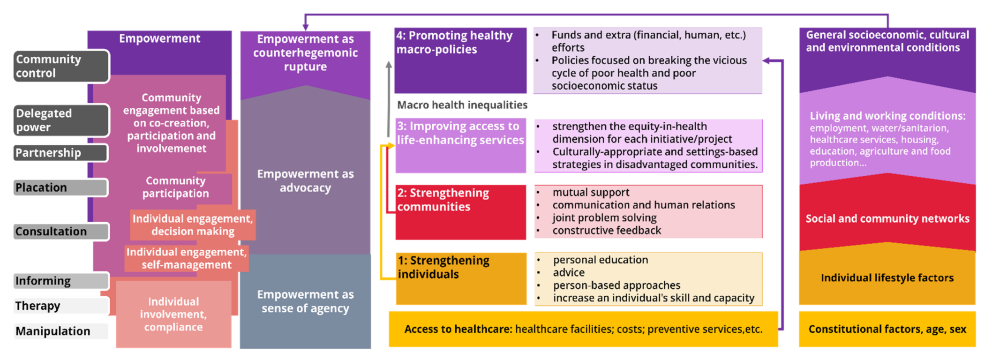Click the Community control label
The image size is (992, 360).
point(61,66)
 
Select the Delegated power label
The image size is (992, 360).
point(61,120)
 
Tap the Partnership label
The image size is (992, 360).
point(61,153)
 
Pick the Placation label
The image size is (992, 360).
point(61,187)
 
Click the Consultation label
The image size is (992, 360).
point(61,232)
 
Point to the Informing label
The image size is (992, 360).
point(61,281)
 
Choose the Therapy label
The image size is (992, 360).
point(61,306)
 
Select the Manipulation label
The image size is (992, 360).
point(61,331)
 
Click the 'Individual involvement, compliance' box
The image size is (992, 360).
point(173,314)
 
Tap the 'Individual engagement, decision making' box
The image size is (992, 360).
point(193,225)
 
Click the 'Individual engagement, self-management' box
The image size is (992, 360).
point(187,258)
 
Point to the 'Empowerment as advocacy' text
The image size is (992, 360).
point(305,180)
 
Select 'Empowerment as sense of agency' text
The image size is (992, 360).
point(305,301)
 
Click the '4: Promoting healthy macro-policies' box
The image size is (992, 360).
point(460,60)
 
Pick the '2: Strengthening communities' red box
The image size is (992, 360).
point(461,212)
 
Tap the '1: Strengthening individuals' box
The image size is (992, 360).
point(461,279)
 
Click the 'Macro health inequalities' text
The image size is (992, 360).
point(462,105)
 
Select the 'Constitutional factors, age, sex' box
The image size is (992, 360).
point(887,329)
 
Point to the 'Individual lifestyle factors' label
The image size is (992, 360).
point(887,278)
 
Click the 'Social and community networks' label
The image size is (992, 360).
point(887,218)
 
